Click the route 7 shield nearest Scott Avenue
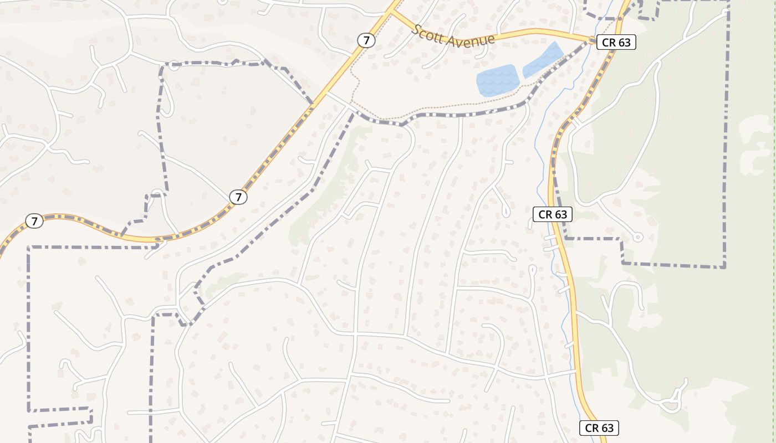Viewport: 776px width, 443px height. pos(365,40)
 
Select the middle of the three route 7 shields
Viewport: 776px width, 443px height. pos(238,197)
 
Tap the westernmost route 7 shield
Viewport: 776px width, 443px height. pos(34,221)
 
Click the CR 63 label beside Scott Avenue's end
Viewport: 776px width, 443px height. pos(616,43)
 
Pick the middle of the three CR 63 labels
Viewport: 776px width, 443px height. pos(552,214)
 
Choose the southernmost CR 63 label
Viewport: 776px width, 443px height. pos(599,427)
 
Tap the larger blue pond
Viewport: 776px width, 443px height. pos(497,80)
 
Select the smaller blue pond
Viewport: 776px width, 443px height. pos(543,60)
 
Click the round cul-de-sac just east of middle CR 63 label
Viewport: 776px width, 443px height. pos(637,237)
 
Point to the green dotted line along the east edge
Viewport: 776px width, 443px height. pos(774,166)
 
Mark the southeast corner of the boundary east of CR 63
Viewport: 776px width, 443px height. pos(724,267)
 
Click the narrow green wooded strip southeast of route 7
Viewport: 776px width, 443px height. pos(327,188)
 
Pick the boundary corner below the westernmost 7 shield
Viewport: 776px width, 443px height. pos(29,248)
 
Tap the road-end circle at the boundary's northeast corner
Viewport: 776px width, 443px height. pos(727,12)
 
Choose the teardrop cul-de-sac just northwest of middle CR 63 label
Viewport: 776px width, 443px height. pos(506,212)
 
